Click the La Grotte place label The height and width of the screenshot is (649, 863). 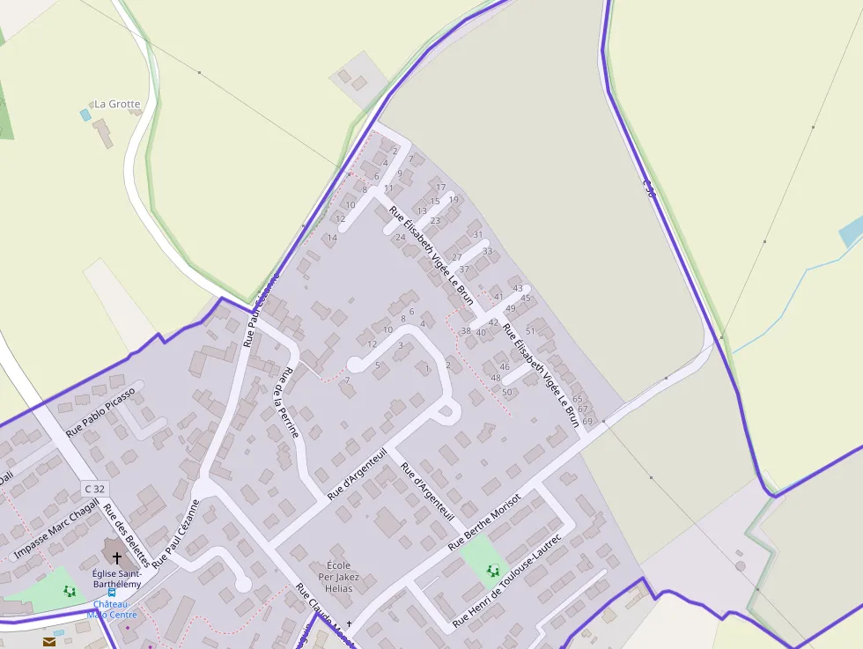pyautogui.click(x=117, y=104)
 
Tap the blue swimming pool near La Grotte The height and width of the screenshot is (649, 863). pyautogui.click(x=85, y=114)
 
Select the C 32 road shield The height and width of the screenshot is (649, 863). pyautogui.click(x=95, y=488)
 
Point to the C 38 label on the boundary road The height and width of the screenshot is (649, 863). pyautogui.click(x=649, y=188)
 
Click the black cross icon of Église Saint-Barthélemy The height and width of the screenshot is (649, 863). pyautogui.click(x=117, y=557)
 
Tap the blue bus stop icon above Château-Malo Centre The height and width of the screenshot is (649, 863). pyautogui.click(x=111, y=594)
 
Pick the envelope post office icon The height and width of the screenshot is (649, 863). pyautogui.click(x=48, y=642)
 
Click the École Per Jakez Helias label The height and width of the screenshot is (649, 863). pyautogui.click(x=339, y=576)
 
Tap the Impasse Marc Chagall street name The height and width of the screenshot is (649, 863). pyautogui.click(x=55, y=529)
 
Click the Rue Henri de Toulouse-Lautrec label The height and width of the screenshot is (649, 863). pyautogui.click(x=506, y=580)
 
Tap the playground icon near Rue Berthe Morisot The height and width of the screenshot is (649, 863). pyautogui.click(x=491, y=572)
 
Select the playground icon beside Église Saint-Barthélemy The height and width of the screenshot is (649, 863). pyautogui.click(x=70, y=591)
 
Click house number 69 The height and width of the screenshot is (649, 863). pyautogui.click(x=587, y=422)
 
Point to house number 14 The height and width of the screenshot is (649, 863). pyautogui.click(x=332, y=238)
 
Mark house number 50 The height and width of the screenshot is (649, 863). pyautogui.click(x=506, y=392)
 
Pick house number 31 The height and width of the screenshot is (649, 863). pyautogui.click(x=478, y=234)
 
